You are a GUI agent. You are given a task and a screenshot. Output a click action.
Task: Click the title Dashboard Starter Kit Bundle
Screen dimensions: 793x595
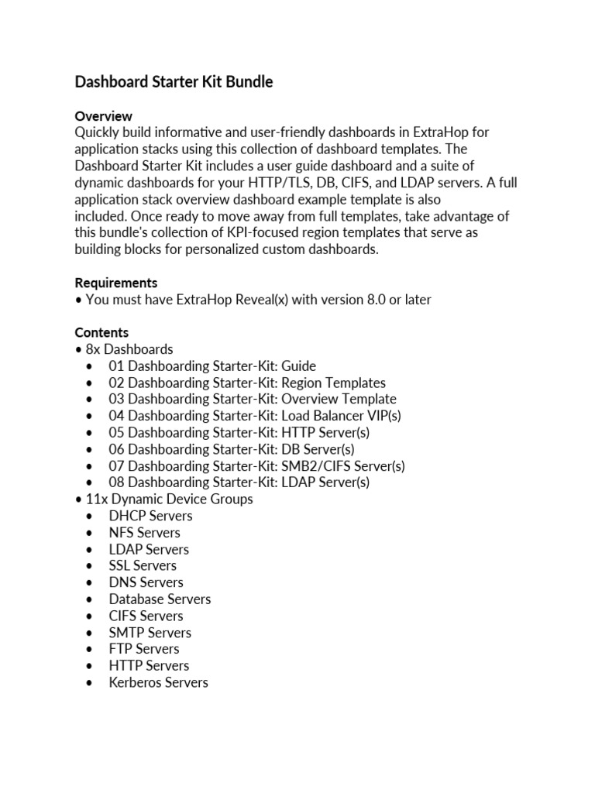click(x=174, y=81)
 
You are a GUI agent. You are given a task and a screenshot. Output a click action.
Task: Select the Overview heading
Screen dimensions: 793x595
click(x=103, y=116)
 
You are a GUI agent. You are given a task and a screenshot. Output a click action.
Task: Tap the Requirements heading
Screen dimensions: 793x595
click(x=115, y=283)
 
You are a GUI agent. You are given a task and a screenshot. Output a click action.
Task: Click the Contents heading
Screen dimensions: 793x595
click(x=101, y=333)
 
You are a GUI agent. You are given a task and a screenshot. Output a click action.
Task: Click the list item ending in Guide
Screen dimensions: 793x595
click(x=212, y=366)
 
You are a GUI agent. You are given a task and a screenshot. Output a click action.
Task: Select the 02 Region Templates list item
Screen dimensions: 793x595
click(x=247, y=383)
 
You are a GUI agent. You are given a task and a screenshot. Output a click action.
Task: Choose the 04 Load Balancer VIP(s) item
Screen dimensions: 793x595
click(x=255, y=416)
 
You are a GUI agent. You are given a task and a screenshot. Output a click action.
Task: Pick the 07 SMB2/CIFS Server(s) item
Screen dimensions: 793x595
click(x=256, y=466)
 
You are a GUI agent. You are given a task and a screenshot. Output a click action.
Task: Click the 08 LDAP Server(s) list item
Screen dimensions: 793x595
click(x=239, y=482)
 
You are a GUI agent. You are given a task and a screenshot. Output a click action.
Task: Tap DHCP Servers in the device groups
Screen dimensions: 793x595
click(x=150, y=516)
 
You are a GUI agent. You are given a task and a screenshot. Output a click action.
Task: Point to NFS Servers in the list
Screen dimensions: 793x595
click(x=144, y=533)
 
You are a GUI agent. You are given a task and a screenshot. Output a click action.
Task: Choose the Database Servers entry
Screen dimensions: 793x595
click(x=160, y=599)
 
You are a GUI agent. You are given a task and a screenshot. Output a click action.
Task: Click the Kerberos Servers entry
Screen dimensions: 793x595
click(x=158, y=682)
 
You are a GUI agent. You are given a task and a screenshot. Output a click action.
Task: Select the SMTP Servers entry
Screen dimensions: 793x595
click(x=150, y=633)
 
